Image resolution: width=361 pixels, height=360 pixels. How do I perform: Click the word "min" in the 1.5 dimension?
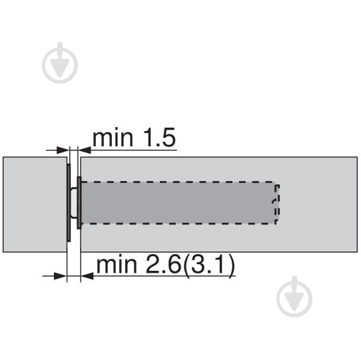(113, 138)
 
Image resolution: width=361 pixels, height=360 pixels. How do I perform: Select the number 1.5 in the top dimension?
(159, 138)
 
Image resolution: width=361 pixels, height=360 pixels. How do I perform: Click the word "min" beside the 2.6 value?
(117, 265)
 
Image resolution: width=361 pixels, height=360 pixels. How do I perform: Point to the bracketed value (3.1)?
(209, 266)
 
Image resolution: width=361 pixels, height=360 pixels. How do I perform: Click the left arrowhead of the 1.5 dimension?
(63, 150)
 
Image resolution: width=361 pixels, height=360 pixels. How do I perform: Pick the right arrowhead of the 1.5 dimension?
(85, 150)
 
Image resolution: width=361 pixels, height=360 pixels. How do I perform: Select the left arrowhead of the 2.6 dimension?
(60, 275)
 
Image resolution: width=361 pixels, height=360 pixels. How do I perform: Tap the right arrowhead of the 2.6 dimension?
(87, 275)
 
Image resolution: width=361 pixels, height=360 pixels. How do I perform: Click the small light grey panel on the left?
(35, 204)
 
